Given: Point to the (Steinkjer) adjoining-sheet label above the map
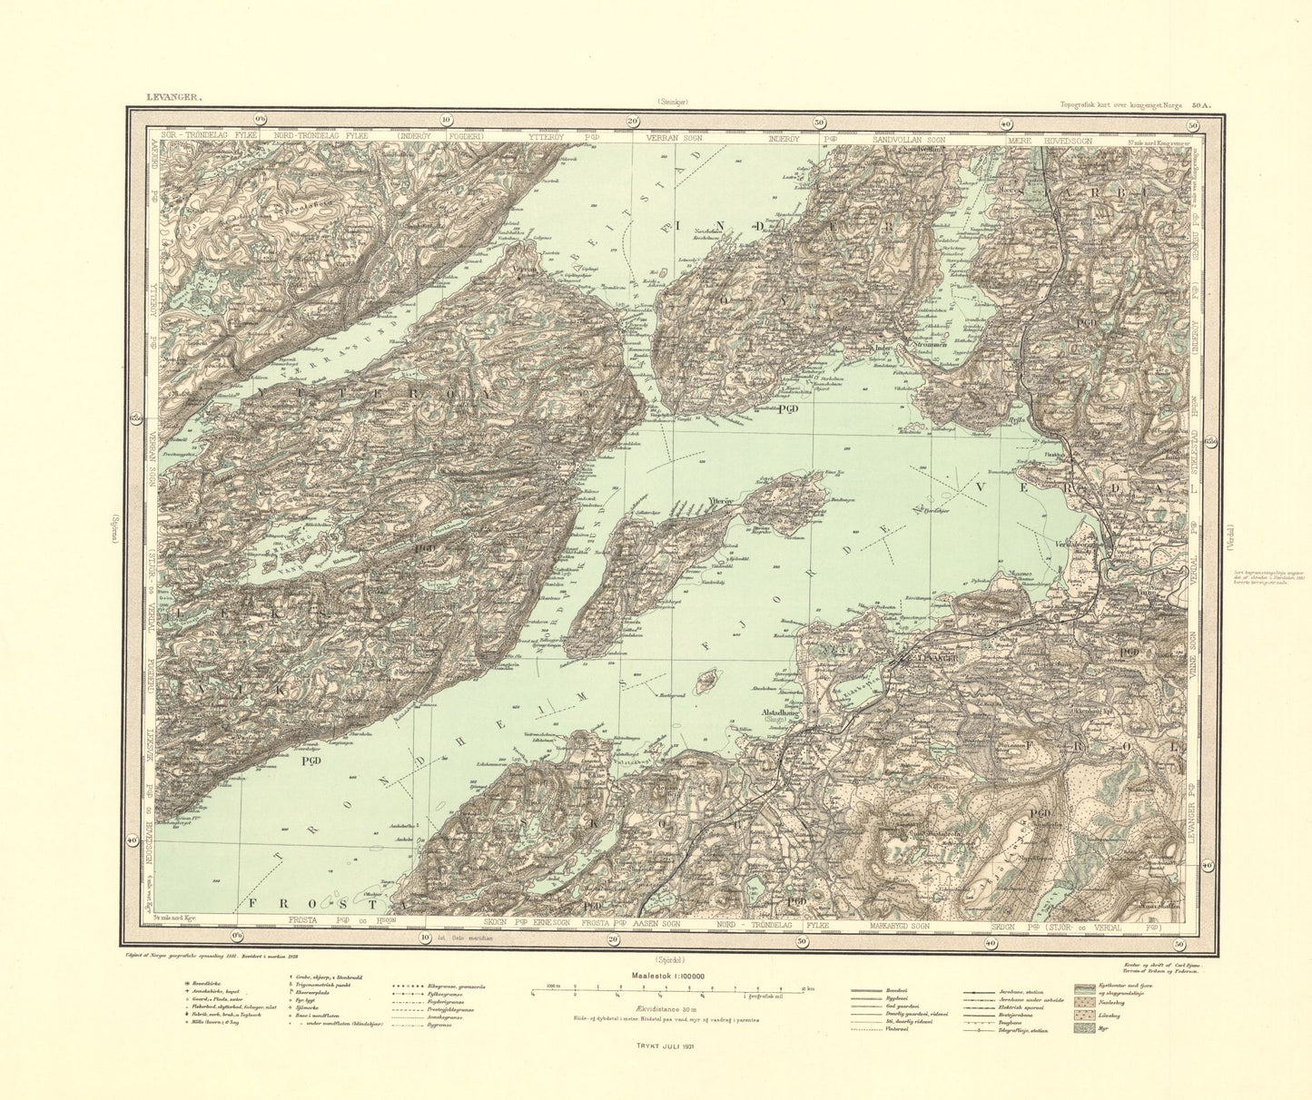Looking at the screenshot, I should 672,103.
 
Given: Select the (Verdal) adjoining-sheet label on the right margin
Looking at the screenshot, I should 1229,533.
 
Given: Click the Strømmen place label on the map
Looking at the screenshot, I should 913,344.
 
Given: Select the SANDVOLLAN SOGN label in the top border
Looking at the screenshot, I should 909,140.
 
